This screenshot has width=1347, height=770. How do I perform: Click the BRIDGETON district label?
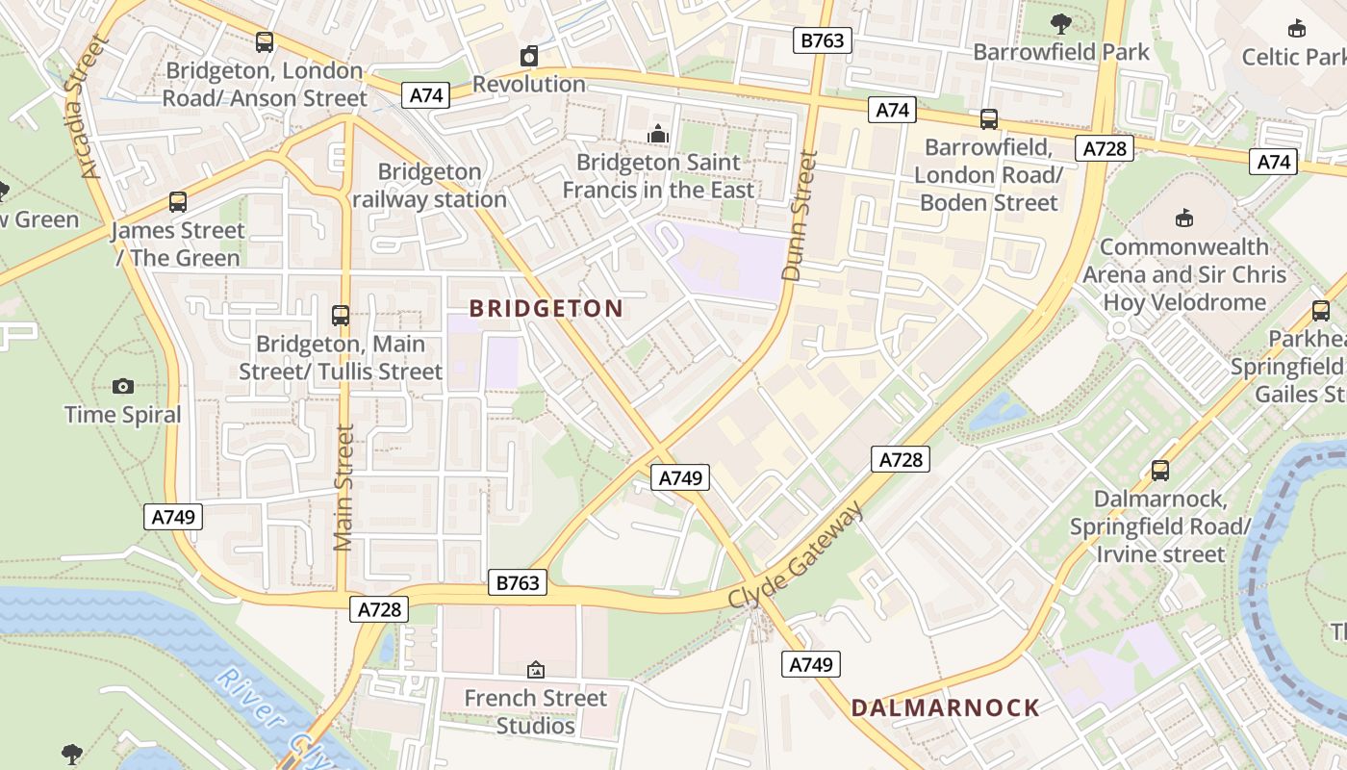(x=546, y=309)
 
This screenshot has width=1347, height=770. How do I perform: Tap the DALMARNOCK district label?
(x=945, y=708)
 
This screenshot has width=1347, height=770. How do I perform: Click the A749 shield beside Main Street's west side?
(x=174, y=517)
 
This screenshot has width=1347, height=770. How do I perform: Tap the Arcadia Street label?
(x=86, y=108)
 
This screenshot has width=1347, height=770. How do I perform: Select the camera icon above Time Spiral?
(x=123, y=387)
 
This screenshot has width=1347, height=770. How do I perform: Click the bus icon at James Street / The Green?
(x=177, y=202)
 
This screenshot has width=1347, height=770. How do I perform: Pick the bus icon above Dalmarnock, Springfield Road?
(x=1160, y=471)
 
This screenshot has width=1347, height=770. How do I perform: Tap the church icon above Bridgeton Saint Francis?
(x=658, y=133)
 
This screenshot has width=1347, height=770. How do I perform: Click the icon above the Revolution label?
(x=528, y=56)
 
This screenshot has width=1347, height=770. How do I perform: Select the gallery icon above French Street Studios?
(x=536, y=669)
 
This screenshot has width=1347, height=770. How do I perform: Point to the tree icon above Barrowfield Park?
(x=1061, y=23)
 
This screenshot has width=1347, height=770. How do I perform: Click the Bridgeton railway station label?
(x=429, y=186)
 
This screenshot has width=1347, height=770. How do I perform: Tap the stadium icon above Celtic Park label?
(x=1296, y=28)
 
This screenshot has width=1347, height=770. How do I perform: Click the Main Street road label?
(x=343, y=487)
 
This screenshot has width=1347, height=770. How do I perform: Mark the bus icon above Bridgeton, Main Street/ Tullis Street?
(x=340, y=315)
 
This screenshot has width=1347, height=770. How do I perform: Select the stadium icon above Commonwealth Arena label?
(x=1184, y=218)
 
